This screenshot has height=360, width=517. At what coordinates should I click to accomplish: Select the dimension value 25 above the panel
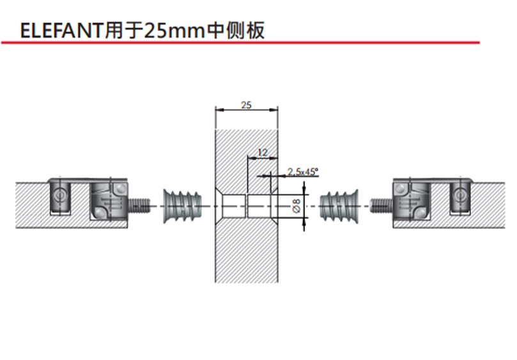[246, 104]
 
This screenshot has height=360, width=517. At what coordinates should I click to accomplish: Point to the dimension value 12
[262, 152]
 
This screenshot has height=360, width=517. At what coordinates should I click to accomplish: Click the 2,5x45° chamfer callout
[302, 171]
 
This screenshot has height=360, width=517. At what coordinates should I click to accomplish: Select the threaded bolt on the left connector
[141, 205]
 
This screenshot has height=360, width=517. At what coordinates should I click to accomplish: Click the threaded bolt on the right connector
[380, 205]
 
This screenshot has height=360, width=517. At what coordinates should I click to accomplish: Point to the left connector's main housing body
[109, 200]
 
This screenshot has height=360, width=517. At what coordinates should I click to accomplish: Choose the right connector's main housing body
[410, 200]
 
